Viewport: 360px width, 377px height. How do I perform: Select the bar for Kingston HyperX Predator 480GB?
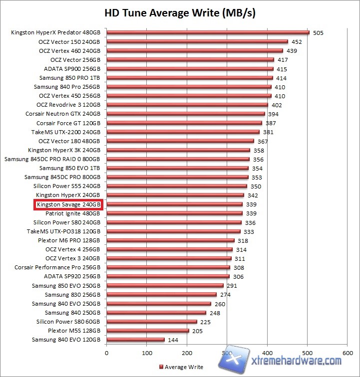pos(207,33)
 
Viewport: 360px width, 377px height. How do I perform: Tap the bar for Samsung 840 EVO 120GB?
pos(135,340)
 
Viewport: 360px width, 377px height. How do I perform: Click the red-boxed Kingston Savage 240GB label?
pos(68,204)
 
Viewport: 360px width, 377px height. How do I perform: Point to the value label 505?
pos(318,33)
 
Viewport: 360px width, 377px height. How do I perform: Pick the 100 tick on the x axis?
pos(147,353)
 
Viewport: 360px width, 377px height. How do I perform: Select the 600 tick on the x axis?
pos(348,353)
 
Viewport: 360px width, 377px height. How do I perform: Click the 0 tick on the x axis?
pos(106,353)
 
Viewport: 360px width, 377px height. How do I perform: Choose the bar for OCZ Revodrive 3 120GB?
pos(187,105)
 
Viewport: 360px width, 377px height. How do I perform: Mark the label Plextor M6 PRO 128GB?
pos(69,240)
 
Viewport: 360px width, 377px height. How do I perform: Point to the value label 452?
pos(297,42)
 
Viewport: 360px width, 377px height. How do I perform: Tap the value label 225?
pos(205,322)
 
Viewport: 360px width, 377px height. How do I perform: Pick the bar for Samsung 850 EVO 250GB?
pos(165,286)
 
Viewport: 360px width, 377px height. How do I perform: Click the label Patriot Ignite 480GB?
pos(73,213)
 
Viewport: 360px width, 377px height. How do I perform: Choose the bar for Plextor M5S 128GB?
pos(147,331)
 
